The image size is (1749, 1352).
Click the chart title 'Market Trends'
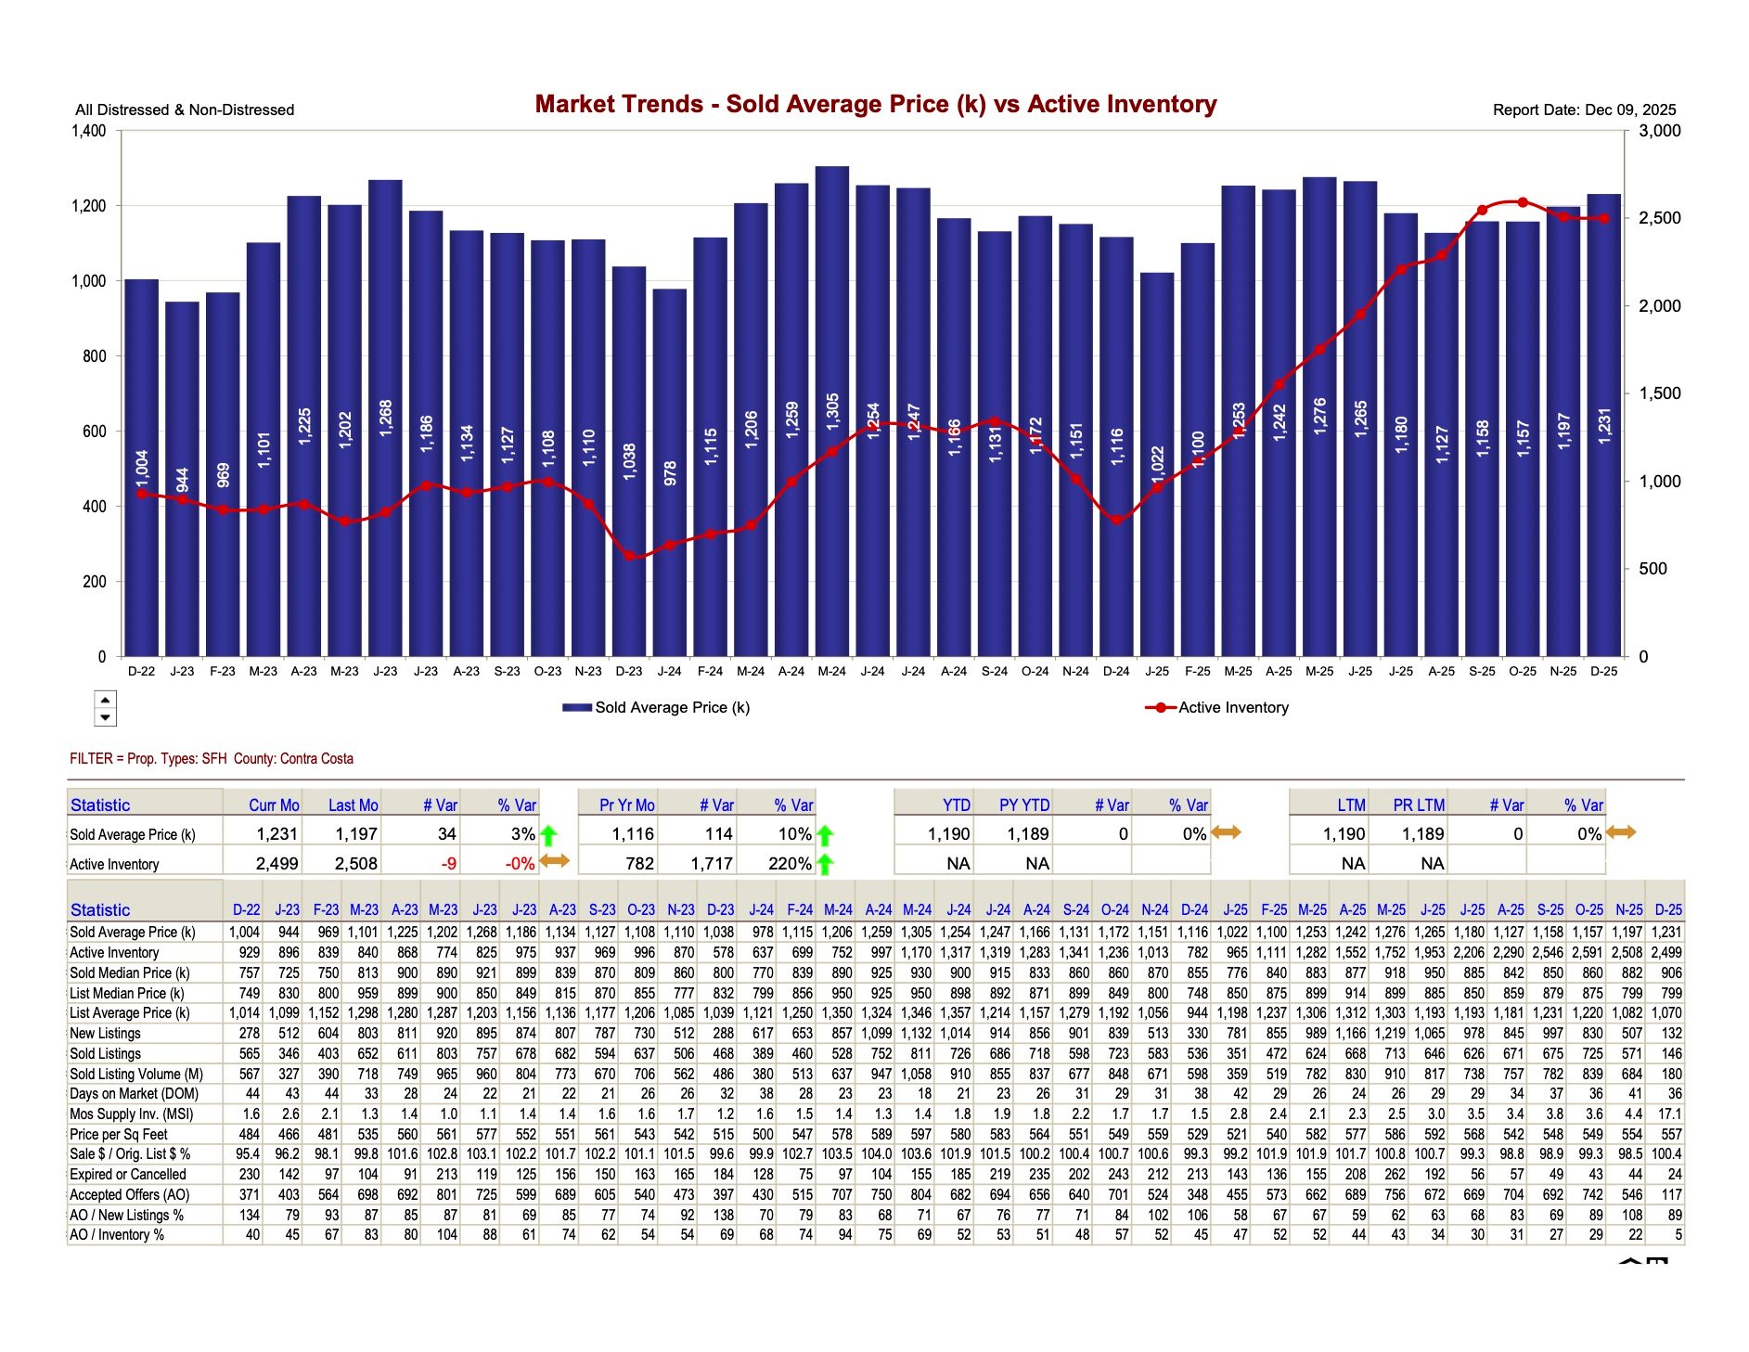pos(875,104)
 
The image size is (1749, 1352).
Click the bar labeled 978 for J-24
pos(670,473)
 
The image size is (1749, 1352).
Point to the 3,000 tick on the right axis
pos(1659,131)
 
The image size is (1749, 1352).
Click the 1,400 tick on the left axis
pos(89,131)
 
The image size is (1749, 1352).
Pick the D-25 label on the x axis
pos(1603,671)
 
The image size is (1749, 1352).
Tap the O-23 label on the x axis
pos(547,671)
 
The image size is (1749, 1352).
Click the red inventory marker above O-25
pos(1523,202)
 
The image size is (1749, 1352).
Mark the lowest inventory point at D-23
pos(629,556)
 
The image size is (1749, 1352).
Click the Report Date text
pos(1584,109)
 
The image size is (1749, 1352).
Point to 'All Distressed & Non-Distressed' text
pos(185,109)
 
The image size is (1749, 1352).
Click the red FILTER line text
pos(212,758)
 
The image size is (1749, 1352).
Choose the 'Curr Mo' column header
pos(274,805)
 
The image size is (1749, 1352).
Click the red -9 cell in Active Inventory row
pos(448,864)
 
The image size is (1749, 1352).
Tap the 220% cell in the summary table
pos(790,864)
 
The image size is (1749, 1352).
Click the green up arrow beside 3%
pos(548,834)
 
